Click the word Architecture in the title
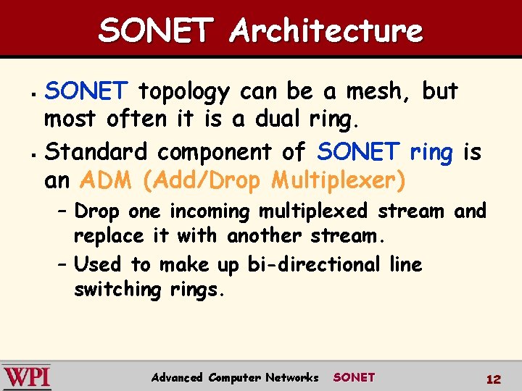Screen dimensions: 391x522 (326, 31)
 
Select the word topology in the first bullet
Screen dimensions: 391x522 (183, 92)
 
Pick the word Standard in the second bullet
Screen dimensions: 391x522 (98, 151)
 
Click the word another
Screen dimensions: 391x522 (265, 236)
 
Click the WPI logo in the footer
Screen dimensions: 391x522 (27, 377)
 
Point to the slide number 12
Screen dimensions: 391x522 (494, 379)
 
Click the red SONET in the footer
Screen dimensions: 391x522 (354, 377)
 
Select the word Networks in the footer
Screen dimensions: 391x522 (291, 377)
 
